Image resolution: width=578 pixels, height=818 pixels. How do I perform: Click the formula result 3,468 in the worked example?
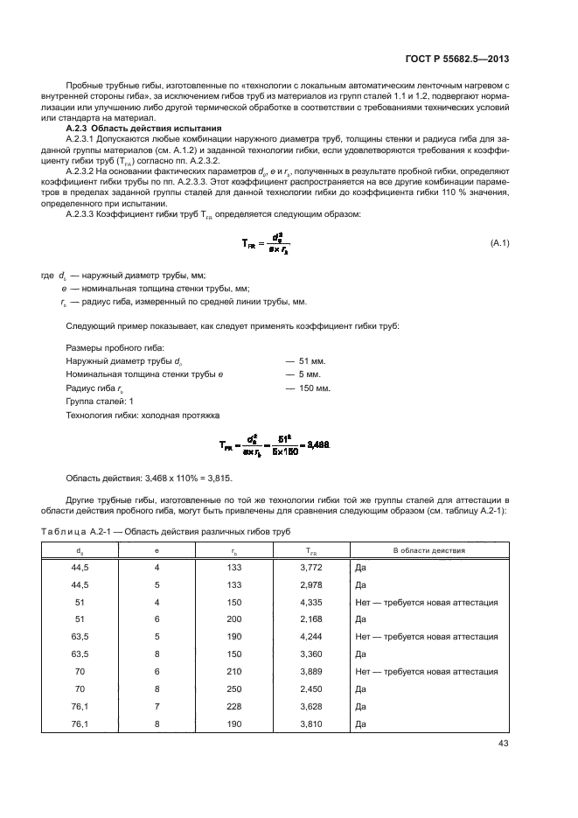(317, 445)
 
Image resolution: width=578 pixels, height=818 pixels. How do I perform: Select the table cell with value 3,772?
(311, 567)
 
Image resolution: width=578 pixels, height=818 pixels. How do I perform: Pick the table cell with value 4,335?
(311, 602)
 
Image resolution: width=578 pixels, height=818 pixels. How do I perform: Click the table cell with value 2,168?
(311, 619)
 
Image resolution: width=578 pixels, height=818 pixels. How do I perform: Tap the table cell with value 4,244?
(311, 637)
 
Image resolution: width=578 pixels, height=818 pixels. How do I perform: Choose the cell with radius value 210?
(233, 672)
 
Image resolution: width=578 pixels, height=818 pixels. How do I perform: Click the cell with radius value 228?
(233, 707)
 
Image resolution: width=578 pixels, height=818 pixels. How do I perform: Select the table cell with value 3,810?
(311, 724)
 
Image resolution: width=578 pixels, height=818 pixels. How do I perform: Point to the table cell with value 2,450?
(311, 689)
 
